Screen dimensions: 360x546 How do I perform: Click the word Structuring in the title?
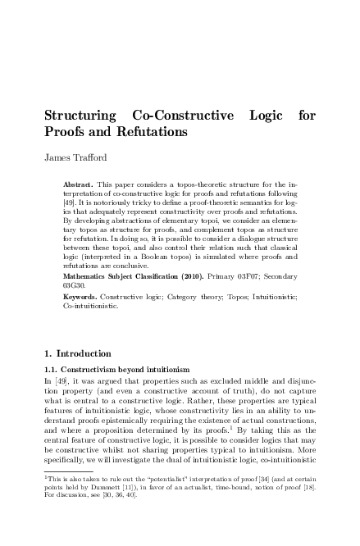coord(78,116)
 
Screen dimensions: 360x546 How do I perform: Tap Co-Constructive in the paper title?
coord(179,116)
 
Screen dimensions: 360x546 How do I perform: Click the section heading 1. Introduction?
coord(76,353)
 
